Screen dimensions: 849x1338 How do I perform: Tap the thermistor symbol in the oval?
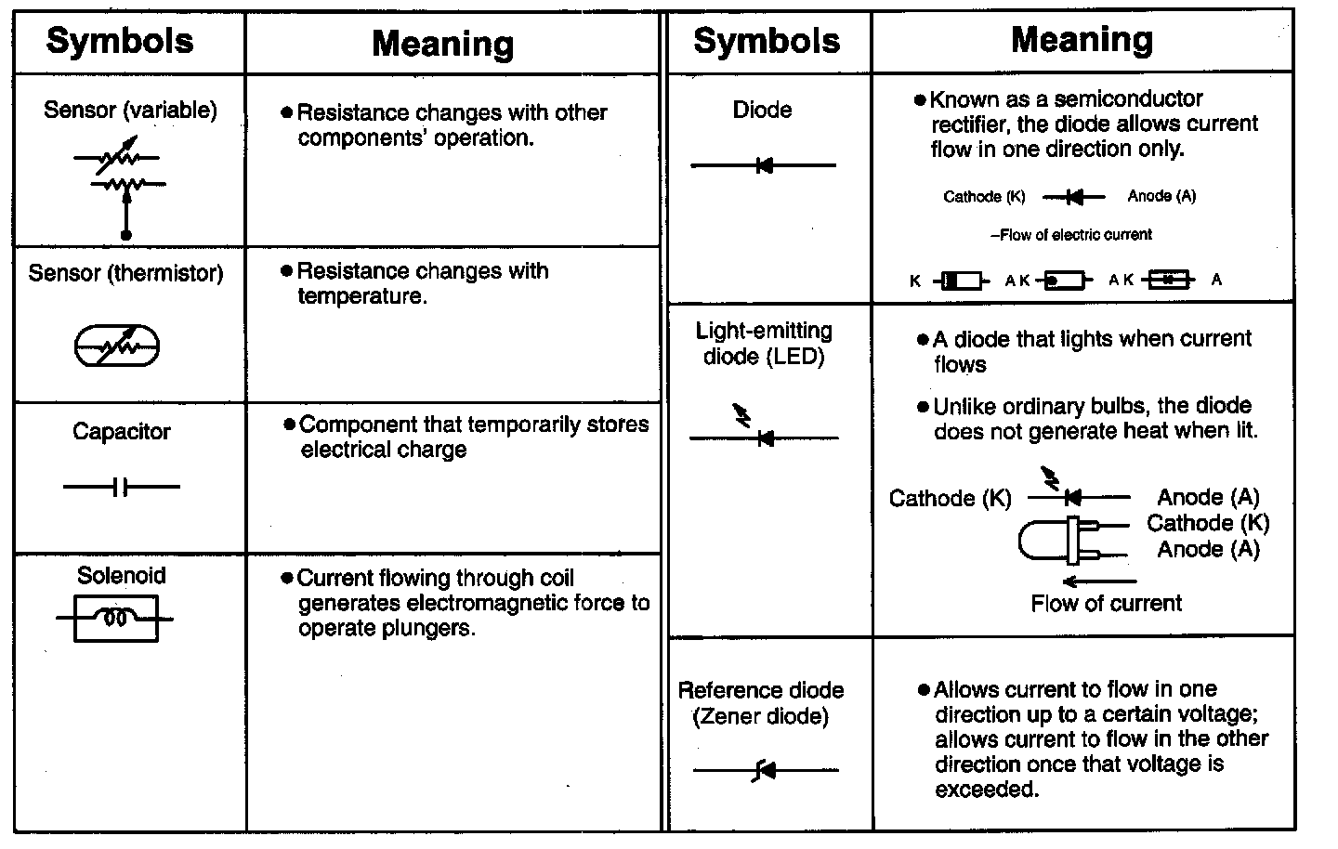[x=117, y=346]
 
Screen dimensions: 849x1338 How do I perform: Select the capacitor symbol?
[x=121, y=486]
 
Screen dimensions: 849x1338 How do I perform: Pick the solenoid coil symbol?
[x=115, y=619]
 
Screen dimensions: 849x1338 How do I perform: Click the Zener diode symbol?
[x=765, y=770]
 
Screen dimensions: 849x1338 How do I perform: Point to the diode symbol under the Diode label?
[x=764, y=165]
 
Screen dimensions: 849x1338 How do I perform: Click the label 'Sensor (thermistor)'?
[x=125, y=273]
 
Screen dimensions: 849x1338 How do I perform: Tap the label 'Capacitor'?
[x=122, y=432]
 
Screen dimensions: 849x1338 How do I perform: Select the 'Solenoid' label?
[x=122, y=576]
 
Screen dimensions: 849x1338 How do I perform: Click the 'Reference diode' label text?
[x=761, y=690]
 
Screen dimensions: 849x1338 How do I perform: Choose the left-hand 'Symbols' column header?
[x=120, y=41]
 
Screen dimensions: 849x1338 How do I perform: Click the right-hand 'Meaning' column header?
[x=1082, y=40]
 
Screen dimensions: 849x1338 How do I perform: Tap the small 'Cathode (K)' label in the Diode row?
[x=984, y=197]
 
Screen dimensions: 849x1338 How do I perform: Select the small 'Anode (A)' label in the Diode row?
[x=1161, y=196]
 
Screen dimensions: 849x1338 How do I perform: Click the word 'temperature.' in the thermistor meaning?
[x=362, y=297]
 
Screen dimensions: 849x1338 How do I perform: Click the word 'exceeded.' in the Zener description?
[x=987, y=790]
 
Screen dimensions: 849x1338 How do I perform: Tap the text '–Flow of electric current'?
[x=1071, y=235]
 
